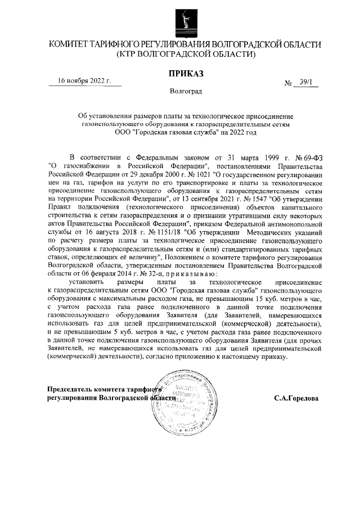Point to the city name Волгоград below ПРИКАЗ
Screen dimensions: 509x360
pyautogui.click(x=185, y=91)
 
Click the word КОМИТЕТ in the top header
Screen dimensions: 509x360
pyautogui.click(x=74, y=44)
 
